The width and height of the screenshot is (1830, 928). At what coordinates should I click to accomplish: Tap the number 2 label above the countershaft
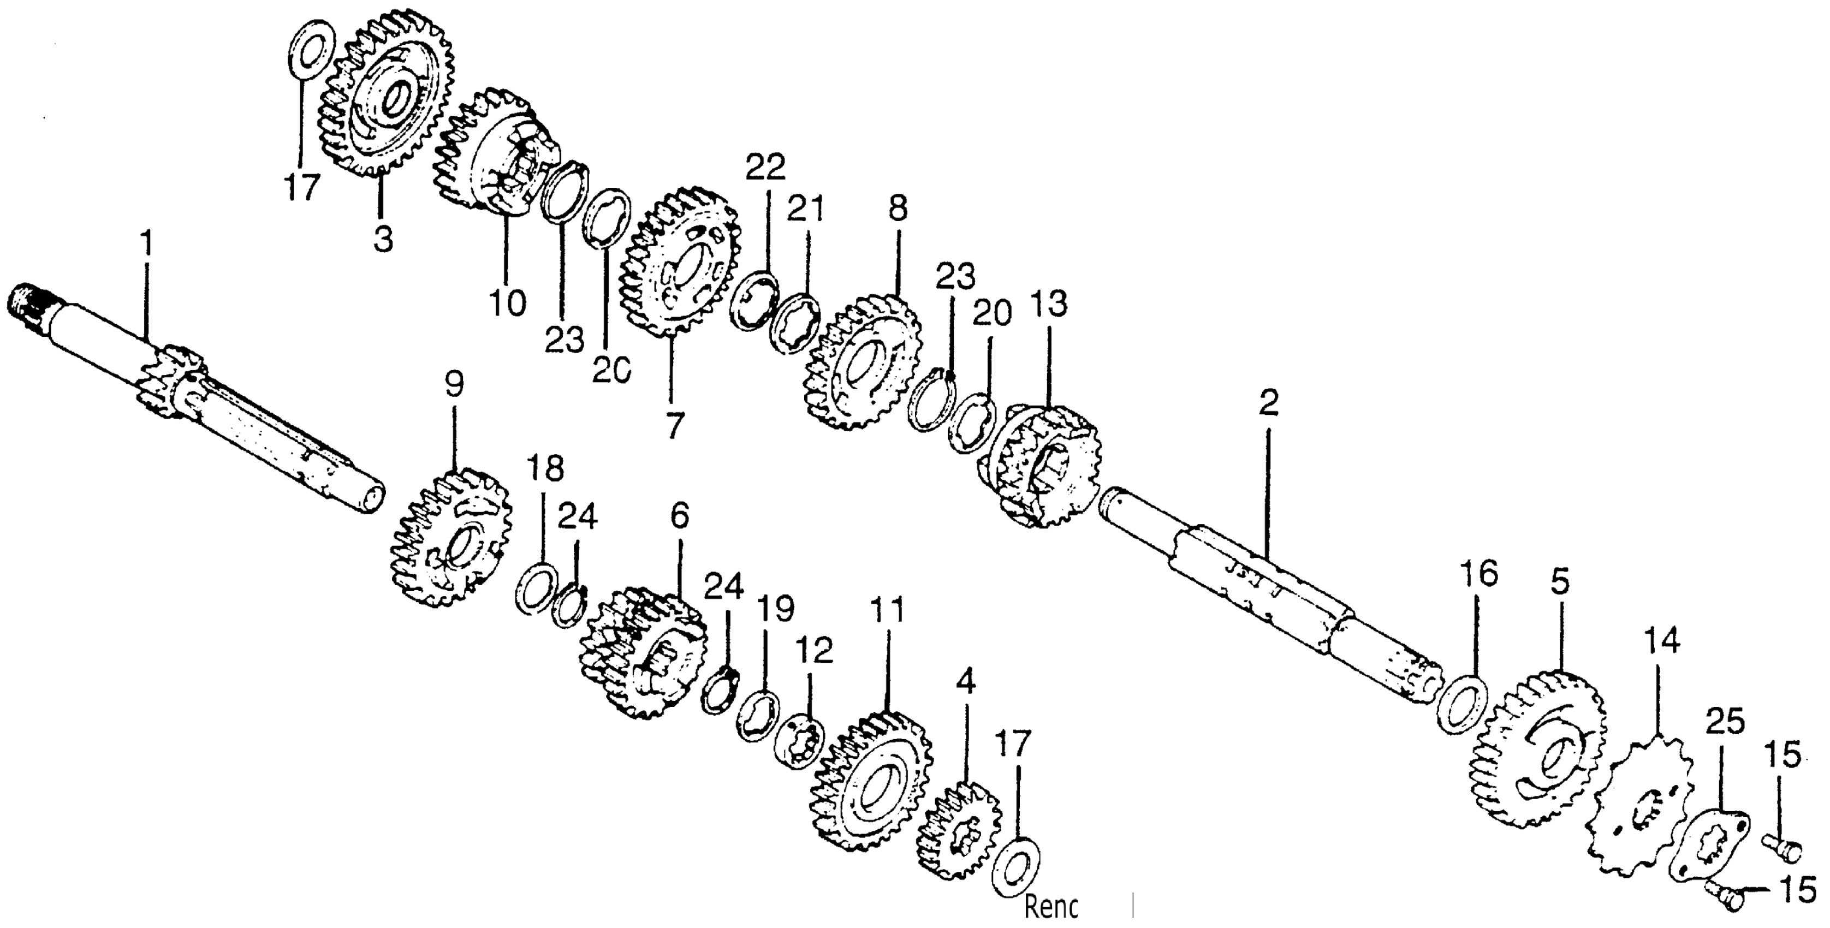1268,403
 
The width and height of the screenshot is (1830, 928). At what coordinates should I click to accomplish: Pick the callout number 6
679,516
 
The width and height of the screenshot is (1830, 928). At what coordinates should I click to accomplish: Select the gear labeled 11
870,789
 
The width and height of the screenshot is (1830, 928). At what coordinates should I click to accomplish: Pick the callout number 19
774,609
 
